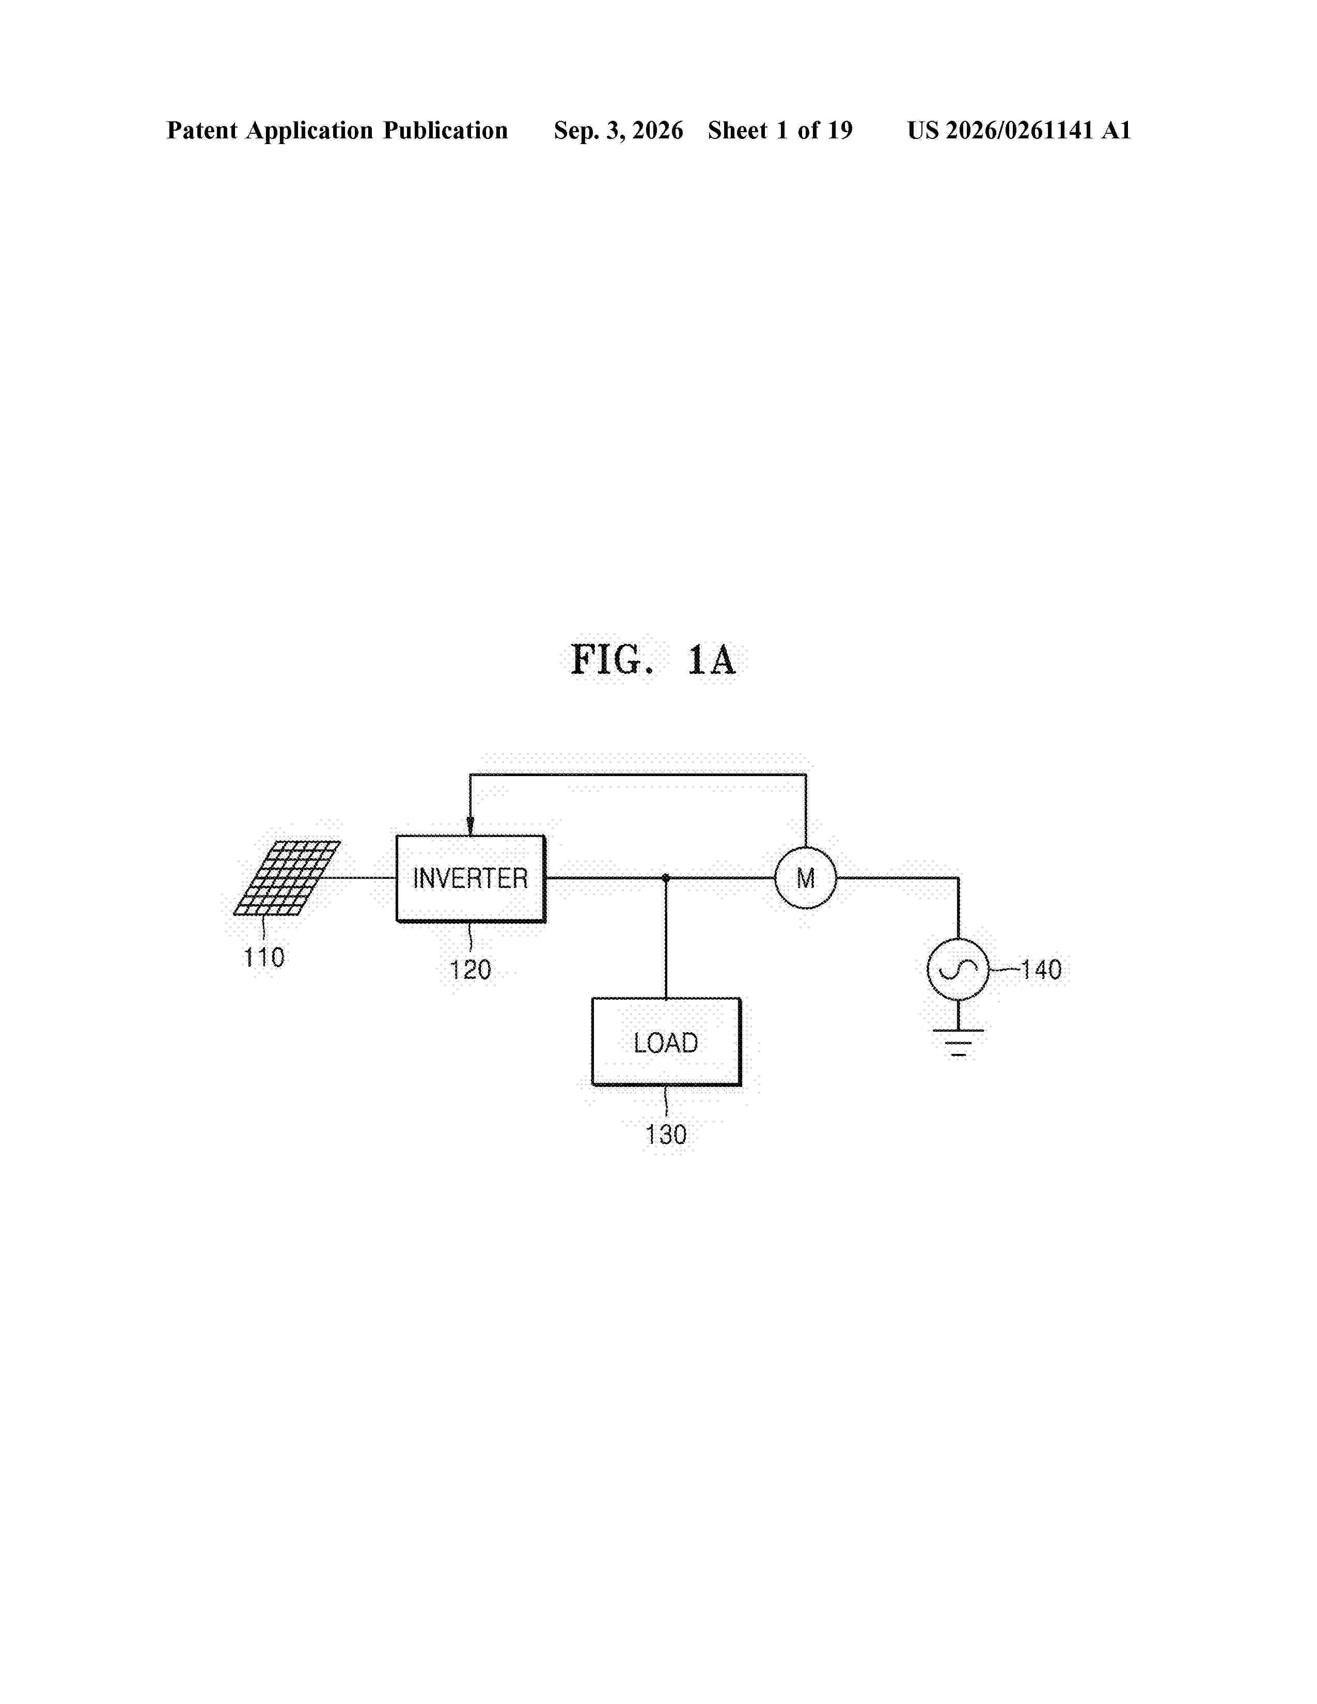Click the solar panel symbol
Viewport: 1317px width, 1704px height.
[286, 878]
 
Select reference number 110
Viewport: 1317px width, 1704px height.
[264, 957]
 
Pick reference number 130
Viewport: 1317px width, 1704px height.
[666, 1134]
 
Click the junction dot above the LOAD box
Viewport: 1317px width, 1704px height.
[666, 878]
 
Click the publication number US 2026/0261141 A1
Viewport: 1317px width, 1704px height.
[1019, 130]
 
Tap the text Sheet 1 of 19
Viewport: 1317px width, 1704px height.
[780, 130]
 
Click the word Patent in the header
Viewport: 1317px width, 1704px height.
[202, 130]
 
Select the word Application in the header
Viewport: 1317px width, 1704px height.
[310, 130]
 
